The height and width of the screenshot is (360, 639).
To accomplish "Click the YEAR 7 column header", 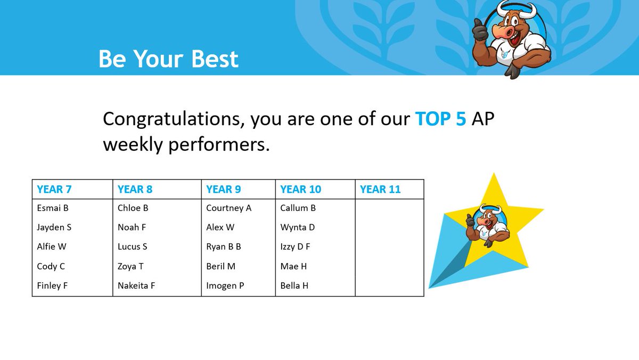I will [x=54, y=189].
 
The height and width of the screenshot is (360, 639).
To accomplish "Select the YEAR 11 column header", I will [x=380, y=189].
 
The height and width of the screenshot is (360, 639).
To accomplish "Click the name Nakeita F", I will [x=136, y=286].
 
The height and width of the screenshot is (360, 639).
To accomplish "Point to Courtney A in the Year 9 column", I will [x=228, y=208].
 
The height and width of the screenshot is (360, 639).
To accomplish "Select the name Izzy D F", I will [x=295, y=247].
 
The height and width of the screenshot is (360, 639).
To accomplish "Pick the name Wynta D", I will [x=298, y=227].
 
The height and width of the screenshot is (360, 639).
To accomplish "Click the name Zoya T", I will [x=130, y=266].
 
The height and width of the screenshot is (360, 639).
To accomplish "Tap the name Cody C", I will [x=51, y=266].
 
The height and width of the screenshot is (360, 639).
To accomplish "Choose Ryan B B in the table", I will [x=224, y=247].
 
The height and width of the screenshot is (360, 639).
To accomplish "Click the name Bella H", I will [x=294, y=286].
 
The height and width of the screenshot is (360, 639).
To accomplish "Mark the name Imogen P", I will [x=225, y=286].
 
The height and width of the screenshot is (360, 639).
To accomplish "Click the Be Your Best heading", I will [x=168, y=59].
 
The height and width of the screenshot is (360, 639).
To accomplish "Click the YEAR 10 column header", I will [x=300, y=189].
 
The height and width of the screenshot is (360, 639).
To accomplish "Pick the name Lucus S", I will [x=133, y=247].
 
